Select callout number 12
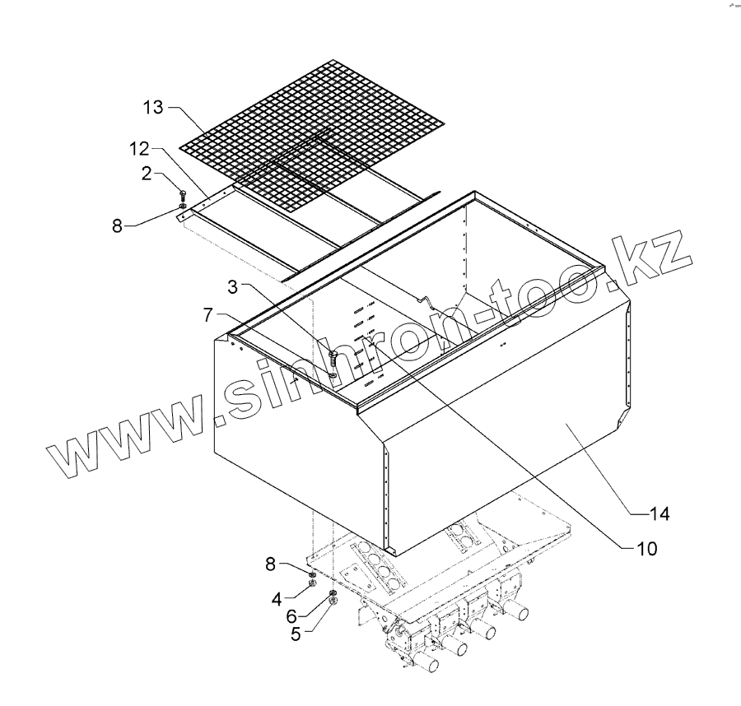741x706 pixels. pyautogui.click(x=137, y=151)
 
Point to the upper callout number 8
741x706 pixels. pyautogui.click(x=119, y=225)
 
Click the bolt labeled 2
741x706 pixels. pyautogui.click(x=182, y=196)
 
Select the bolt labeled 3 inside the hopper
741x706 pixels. pyautogui.click(x=333, y=359)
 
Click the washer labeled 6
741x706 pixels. pyautogui.click(x=333, y=593)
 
